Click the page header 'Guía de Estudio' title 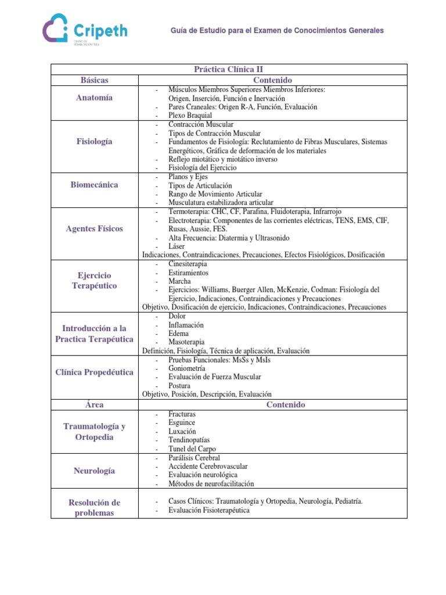pos(276,30)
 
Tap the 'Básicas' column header pos(94,80)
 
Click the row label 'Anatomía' pos(94,98)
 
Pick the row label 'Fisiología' pos(94,141)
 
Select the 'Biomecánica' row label pos(94,185)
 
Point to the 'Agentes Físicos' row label pos(94,228)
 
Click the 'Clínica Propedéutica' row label pos(94,372)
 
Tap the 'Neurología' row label pos(94,471)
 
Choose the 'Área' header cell pos(94,404)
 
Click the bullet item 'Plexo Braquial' pos(190,116)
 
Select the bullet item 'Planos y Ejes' pos(189,177)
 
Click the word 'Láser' pos(177,246)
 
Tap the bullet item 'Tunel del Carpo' pos(192,449)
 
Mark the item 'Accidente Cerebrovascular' pos(208,466)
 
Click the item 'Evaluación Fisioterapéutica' pos(209,510)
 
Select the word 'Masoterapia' pos(187,342)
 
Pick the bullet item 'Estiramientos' pos(189,272)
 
